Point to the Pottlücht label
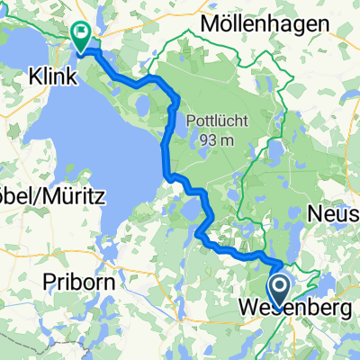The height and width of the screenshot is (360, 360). tap(212, 121)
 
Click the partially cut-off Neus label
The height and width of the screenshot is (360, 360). tap(334, 213)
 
